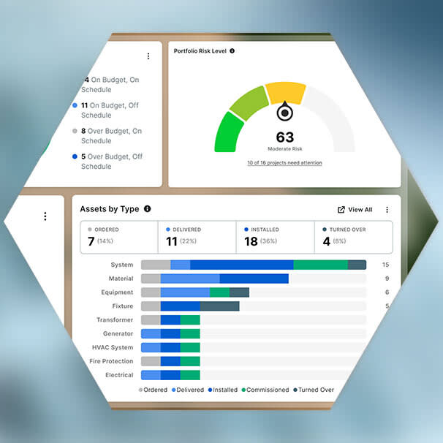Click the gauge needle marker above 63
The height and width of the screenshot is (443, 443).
click(285, 112)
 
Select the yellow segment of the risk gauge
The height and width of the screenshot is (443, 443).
click(285, 92)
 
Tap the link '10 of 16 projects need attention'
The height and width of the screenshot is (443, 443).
click(284, 163)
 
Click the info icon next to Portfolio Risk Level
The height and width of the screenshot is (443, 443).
click(232, 51)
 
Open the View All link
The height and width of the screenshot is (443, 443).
click(355, 210)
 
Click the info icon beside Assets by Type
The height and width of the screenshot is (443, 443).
click(147, 209)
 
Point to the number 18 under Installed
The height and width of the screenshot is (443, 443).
click(251, 241)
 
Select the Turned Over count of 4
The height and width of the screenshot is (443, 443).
click(326, 241)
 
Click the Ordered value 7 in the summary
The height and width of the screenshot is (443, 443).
click(91, 241)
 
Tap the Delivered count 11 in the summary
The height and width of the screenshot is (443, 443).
click(172, 241)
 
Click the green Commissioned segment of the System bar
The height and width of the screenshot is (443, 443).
click(321, 265)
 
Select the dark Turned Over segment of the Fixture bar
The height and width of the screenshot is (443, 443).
click(220, 306)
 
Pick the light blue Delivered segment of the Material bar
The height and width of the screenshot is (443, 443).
click(190, 279)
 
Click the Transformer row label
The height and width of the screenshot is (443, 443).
click(115, 319)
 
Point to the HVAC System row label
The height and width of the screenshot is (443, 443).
click(113, 347)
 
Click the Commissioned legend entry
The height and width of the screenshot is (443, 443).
click(265, 390)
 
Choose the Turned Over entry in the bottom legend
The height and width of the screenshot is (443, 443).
click(314, 390)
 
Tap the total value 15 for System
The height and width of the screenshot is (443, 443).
click(385, 265)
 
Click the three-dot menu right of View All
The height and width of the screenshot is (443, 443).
click(387, 210)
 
